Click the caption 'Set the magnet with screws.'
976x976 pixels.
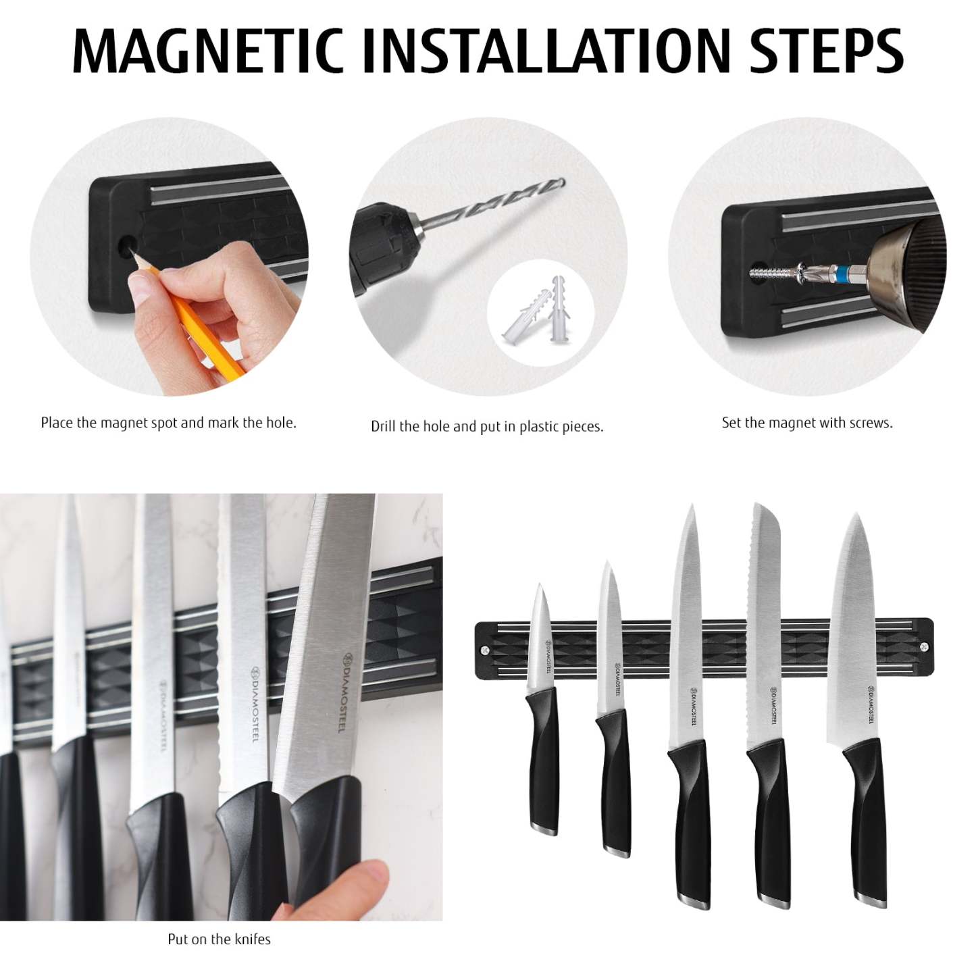tap(807, 423)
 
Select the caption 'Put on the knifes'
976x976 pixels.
tap(219, 939)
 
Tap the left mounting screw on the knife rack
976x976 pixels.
tap(485, 650)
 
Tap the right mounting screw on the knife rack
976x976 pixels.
tap(924, 647)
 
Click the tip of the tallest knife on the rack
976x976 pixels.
tap(689, 509)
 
